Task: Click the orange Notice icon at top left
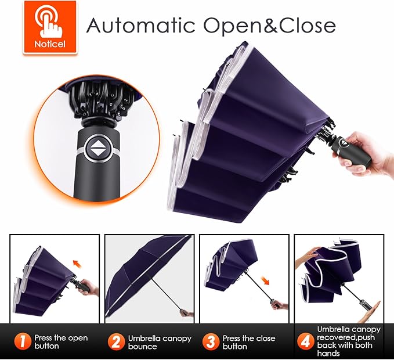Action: coord(50,27)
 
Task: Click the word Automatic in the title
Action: coord(140,26)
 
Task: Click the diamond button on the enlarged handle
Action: coord(99,148)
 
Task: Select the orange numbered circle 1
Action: coord(23,341)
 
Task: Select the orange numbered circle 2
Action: coord(116,341)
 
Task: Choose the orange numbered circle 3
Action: coord(211,341)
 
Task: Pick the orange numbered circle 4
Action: coord(306,341)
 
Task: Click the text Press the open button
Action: coord(61,341)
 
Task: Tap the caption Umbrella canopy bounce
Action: coord(160,342)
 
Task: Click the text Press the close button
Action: coord(249,342)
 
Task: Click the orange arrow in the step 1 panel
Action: coord(78,264)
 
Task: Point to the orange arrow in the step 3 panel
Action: coord(265,280)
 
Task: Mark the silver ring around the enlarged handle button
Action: coord(99,148)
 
